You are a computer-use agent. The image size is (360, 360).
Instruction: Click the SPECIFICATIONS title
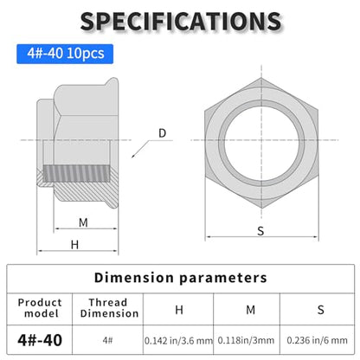coord(181,21)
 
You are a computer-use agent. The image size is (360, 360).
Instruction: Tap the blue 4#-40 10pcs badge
coord(65,54)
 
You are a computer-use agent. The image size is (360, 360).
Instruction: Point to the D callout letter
coord(163,133)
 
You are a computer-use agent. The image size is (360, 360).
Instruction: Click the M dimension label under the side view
coord(83,222)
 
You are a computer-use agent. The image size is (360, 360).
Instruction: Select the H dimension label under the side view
coord(74,245)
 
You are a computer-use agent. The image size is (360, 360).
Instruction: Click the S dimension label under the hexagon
coord(260,231)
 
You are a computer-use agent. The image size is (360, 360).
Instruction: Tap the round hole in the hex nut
coord(261,144)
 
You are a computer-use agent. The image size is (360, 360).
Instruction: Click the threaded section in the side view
coord(77,173)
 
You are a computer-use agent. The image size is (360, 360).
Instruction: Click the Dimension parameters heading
coord(181,278)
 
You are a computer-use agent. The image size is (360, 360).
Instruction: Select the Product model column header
coord(40,308)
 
